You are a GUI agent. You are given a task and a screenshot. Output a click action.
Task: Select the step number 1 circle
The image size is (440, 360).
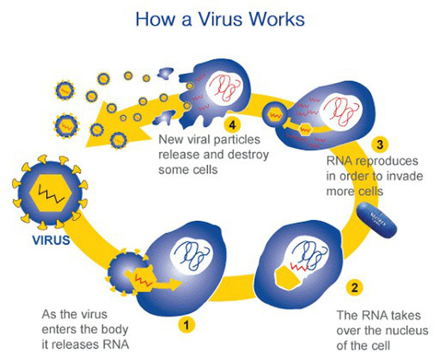(187, 326)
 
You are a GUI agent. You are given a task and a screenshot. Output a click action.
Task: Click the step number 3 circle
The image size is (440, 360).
(381, 145)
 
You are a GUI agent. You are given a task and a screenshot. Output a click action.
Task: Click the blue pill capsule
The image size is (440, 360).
(377, 219)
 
